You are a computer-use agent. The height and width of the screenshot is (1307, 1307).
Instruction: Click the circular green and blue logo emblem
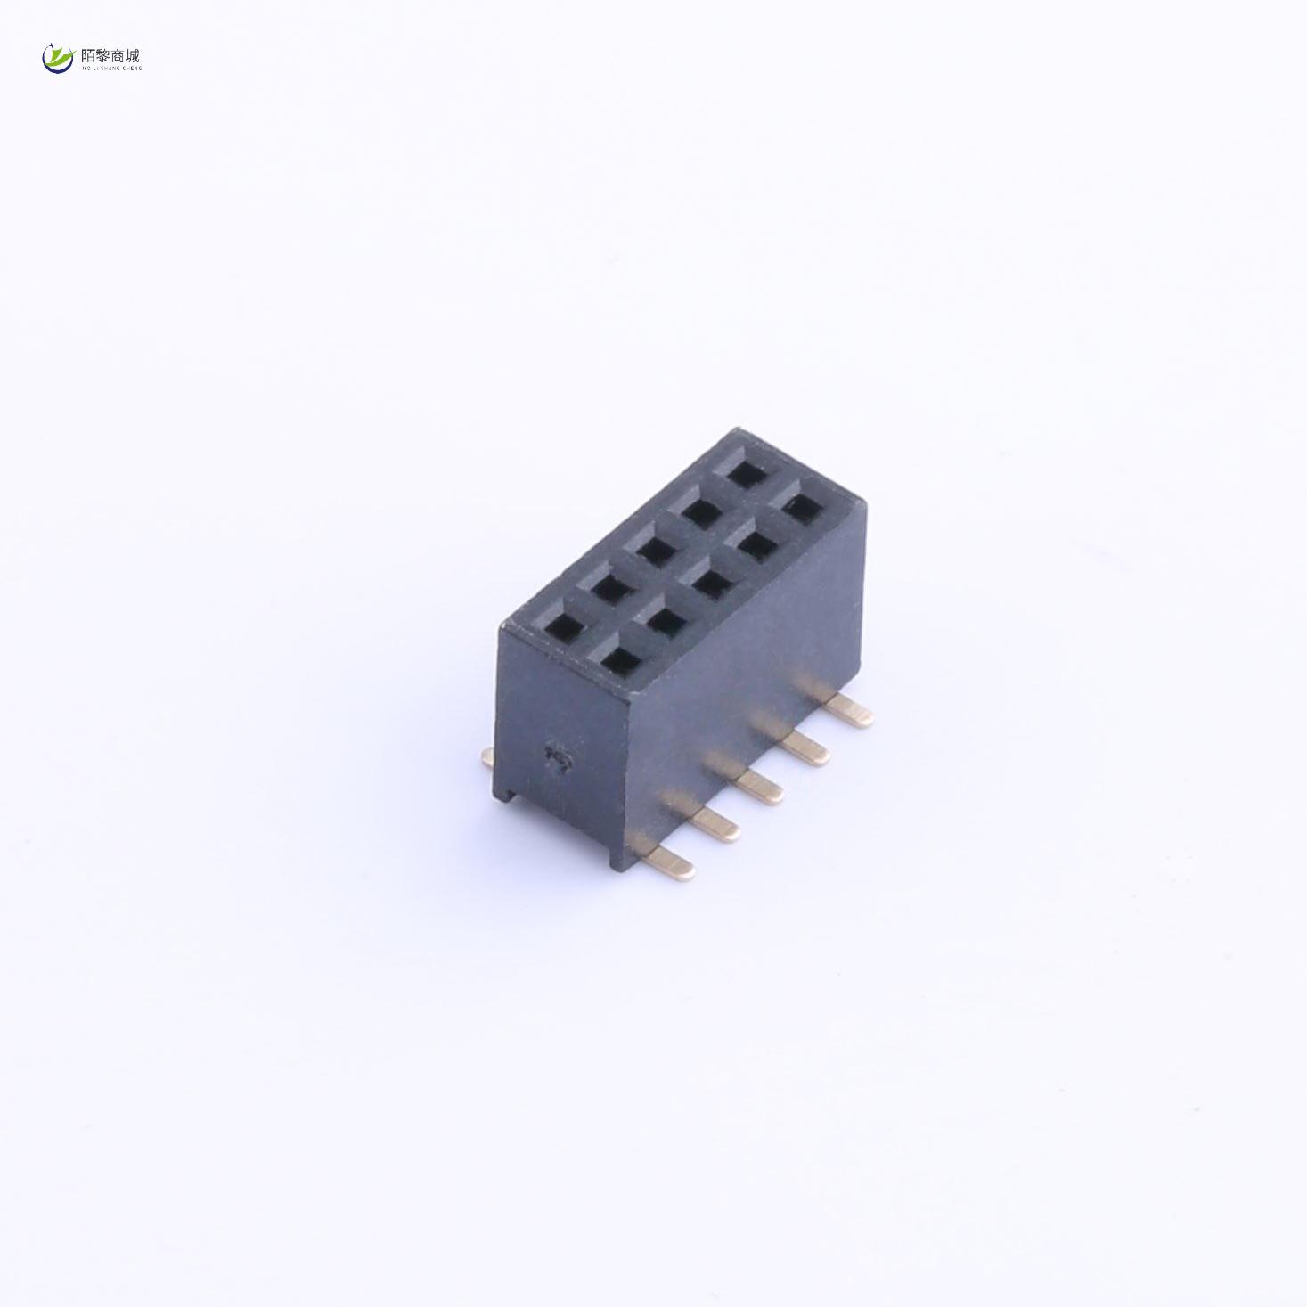(x=58, y=58)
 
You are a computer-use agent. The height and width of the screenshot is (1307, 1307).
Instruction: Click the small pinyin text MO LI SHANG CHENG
(x=110, y=68)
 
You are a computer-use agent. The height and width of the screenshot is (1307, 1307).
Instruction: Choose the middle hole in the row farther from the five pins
(x=655, y=550)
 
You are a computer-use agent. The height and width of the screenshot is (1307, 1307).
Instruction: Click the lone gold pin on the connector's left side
(x=487, y=758)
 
